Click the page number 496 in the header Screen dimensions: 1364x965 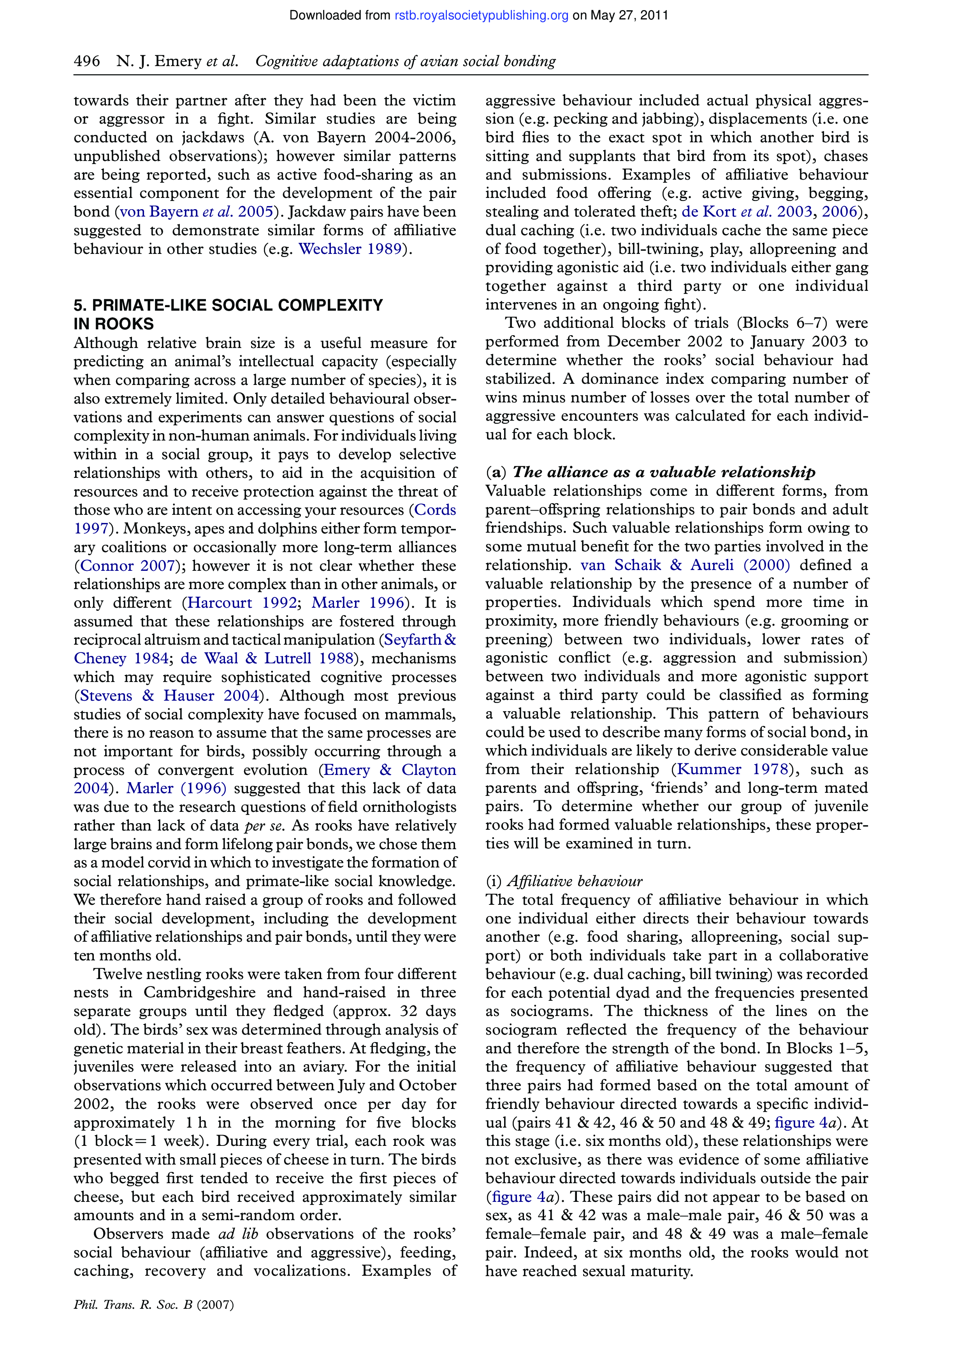tap(87, 61)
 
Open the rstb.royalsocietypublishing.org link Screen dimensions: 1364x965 tap(481, 16)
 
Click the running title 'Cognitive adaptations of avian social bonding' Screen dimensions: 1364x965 tap(406, 61)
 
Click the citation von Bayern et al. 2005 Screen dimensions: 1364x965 tap(196, 212)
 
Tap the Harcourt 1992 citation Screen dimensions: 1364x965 tap(242, 603)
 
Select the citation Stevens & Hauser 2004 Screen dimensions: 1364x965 tap(169, 696)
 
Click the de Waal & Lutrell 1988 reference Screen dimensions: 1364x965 tap(267, 658)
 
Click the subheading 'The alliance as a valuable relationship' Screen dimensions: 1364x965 tap(664, 472)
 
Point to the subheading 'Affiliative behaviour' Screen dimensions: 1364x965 tap(574, 881)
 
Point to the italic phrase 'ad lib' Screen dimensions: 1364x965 tap(238, 1234)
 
